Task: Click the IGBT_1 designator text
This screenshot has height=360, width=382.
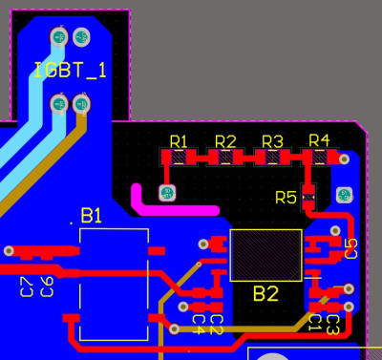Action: coord(71,70)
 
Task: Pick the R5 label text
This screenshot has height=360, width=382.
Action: coord(286,198)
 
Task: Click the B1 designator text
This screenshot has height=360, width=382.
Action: coord(92,217)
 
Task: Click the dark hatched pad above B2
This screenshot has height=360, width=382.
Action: coord(265,255)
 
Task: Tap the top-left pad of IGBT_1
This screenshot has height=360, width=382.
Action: coord(58,37)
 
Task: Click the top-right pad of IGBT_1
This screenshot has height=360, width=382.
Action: coord(81,37)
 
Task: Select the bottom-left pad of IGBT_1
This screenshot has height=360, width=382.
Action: coord(58,102)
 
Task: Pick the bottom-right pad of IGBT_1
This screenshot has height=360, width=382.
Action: coord(81,102)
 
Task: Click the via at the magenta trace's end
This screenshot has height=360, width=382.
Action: coord(167,193)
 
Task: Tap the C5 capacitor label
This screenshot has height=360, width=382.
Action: coord(350,249)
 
